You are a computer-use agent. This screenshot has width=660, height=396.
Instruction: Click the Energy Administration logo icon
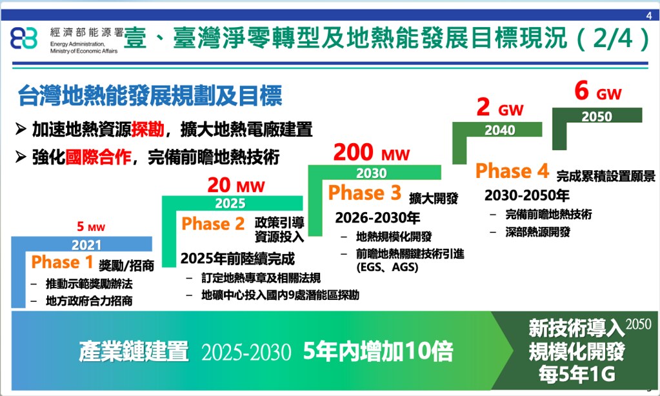coord(24,38)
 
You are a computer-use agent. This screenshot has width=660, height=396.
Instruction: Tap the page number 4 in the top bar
coord(649,15)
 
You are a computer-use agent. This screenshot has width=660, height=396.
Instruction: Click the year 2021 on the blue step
coord(86,244)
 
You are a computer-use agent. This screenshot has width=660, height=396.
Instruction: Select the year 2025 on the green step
coord(230,203)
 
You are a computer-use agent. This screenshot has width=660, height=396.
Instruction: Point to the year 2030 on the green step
coord(371,173)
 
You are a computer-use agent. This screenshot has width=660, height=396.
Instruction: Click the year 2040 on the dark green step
coord(499,130)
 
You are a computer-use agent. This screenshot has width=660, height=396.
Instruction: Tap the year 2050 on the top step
coord(597,116)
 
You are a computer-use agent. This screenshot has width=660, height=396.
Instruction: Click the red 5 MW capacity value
coord(91,227)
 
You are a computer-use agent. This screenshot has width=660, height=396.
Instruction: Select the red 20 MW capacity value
coord(236,185)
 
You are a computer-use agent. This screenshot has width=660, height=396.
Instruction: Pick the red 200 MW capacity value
coord(371,152)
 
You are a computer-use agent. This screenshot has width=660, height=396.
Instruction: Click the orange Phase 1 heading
coord(62,262)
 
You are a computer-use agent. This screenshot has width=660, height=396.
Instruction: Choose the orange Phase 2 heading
coord(213,223)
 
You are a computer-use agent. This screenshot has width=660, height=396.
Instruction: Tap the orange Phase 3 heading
coord(365,193)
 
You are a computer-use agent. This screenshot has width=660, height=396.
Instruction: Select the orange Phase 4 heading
coord(512,171)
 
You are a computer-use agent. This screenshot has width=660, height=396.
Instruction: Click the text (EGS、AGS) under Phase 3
coord(387,267)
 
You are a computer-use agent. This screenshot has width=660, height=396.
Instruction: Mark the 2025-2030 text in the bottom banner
coord(246,352)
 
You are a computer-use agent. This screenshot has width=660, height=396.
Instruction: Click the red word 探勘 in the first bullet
coord(147,129)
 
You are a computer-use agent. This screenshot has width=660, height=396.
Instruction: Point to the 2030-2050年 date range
coord(526,195)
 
